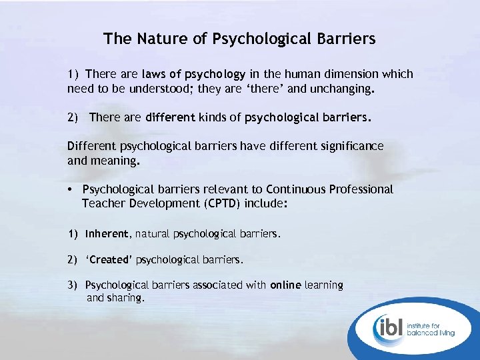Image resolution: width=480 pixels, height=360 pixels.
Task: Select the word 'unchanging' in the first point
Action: pos(342,88)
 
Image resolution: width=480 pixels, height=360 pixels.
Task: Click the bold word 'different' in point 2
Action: pos(170,118)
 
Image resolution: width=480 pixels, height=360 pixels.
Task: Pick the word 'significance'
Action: pos(351,146)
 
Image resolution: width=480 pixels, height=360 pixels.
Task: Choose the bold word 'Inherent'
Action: pos(107,235)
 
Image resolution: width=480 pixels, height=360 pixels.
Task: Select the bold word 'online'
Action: pos(285,285)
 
